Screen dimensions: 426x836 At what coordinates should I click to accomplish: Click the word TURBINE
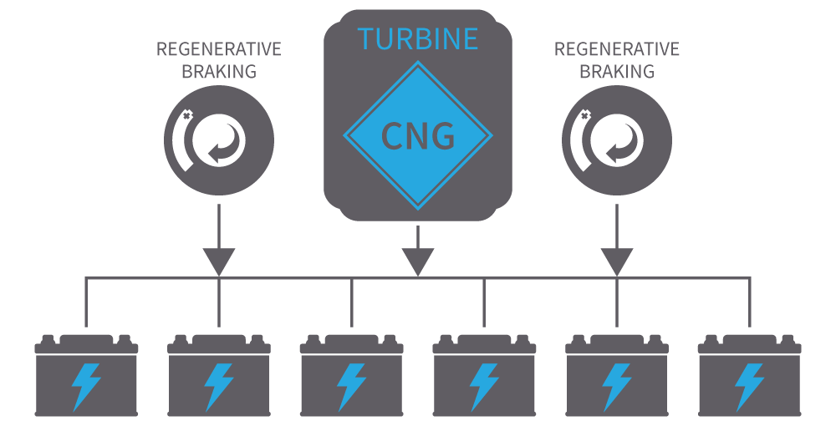(418, 38)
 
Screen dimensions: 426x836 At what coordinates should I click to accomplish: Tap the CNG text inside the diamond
(418, 134)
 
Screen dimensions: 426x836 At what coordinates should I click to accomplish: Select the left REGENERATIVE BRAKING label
(219, 60)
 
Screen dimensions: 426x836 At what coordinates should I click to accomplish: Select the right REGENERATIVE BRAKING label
(617, 60)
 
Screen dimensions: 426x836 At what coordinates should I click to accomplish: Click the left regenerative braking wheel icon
(219, 141)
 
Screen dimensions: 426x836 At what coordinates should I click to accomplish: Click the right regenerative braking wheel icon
(617, 141)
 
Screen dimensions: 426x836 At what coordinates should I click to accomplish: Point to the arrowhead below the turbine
(418, 261)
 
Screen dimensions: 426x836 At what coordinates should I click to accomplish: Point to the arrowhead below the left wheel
(219, 261)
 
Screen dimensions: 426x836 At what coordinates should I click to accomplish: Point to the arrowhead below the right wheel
(617, 261)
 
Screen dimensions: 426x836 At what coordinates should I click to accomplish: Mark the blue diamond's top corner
(418, 67)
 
